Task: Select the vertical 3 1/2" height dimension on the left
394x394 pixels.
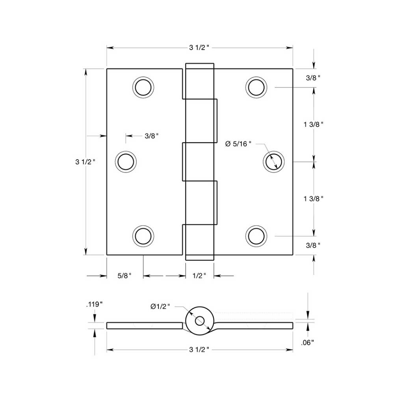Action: tap(85, 162)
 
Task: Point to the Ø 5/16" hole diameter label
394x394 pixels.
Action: tap(238, 144)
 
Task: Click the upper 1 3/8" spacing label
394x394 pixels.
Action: tap(314, 124)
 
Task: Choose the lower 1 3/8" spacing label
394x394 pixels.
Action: tap(314, 199)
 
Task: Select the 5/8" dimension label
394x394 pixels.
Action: tap(124, 276)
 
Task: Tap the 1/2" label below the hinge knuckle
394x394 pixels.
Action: tap(199, 276)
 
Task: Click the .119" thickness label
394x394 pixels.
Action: tap(94, 304)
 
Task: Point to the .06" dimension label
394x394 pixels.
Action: tap(307, 343)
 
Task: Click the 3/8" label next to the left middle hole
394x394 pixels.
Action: tap(151, 136)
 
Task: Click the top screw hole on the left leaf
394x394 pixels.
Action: tap(143, 87)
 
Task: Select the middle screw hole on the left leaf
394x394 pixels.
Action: tap(126, 162)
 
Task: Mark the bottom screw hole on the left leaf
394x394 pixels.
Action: tap(143, 236)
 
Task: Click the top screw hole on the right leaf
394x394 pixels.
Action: tap(256, 87)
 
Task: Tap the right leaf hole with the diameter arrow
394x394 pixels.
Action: tap(273, 162)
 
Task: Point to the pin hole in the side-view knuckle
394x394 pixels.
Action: tap(199, 321)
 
